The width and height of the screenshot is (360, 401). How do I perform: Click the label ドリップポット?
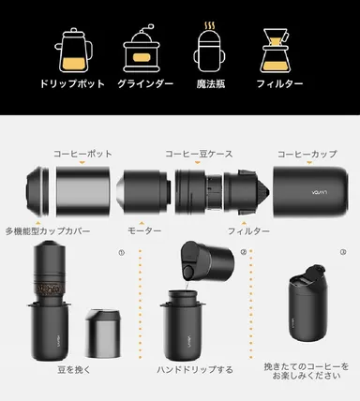73,84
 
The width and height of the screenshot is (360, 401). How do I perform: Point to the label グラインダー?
144,84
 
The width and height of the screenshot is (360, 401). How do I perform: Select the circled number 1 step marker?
120,251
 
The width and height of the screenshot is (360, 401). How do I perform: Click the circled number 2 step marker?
242,251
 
